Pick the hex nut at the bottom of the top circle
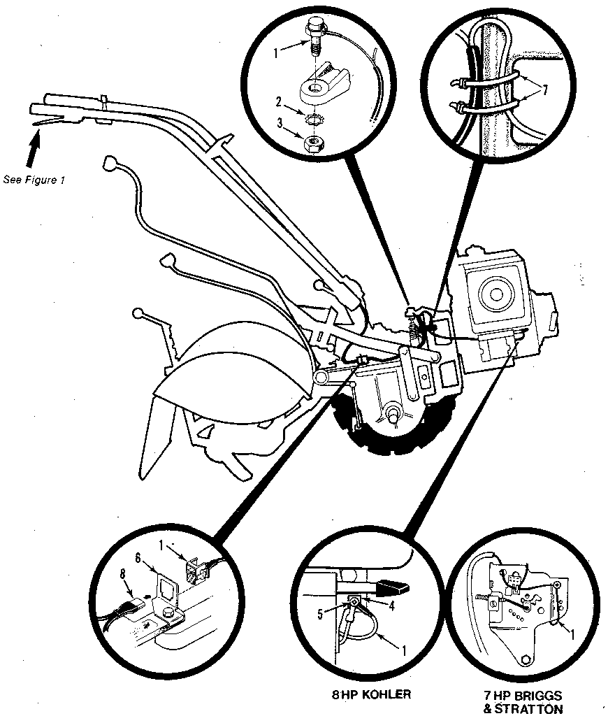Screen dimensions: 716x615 [x=314, y=143]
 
